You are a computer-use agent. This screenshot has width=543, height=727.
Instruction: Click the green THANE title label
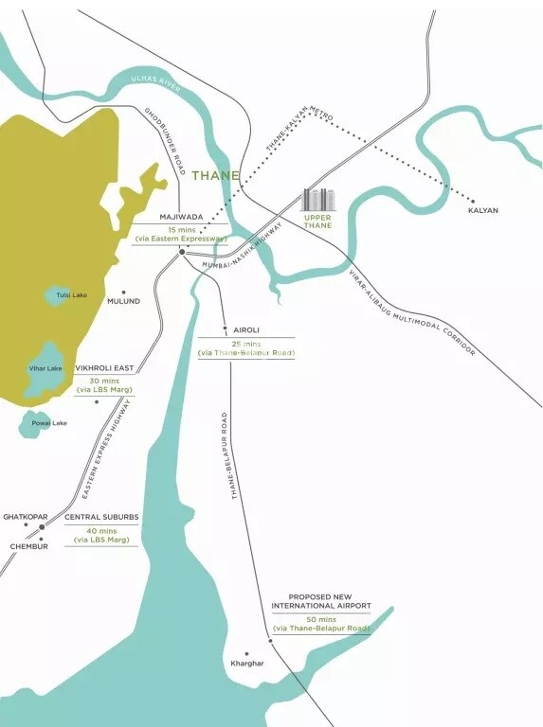tap(215, 175)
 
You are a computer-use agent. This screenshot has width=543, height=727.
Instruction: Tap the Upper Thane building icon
tap(317, 200)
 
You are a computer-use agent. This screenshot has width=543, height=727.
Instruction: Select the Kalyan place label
tap(483, 210)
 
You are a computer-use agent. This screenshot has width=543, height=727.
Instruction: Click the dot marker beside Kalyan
tap(473, 200)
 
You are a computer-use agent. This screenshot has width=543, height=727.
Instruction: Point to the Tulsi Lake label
tap(71, 295)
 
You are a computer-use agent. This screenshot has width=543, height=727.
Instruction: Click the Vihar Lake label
tap(45, 368)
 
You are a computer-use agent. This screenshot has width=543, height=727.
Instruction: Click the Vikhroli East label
tap(104, 368)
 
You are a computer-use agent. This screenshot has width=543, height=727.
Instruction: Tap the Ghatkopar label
tap(25, 517)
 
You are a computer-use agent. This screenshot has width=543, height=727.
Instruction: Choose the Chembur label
tap(28, 546)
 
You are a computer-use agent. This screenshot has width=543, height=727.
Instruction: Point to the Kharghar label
tap(246, 664)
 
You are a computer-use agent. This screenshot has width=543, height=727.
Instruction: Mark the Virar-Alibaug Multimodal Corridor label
tap(411, 312)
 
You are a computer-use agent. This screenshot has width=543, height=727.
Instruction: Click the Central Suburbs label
tap(101, 517)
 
